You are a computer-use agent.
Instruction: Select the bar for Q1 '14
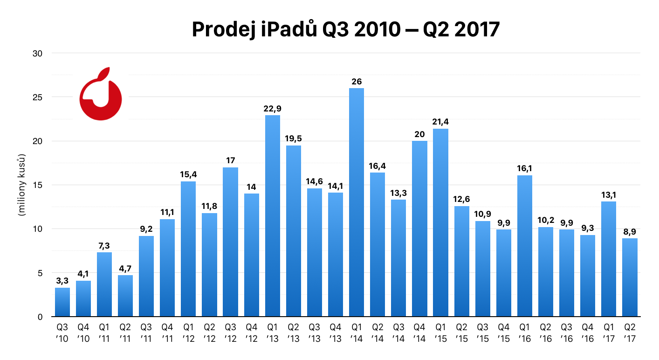pos(357,203)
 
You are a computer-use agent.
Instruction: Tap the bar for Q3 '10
pos(62,302)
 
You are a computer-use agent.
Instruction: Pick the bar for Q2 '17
pos(630,277)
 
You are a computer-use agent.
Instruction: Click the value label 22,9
pos(273,109)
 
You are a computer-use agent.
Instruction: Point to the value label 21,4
pos(440,122)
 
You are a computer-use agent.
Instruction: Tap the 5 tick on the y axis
pos(40,273)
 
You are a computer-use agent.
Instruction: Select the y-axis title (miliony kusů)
pos(21,185)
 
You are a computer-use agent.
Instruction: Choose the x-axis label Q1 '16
pos(524,331)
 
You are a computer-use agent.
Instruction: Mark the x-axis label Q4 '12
pos(251,331)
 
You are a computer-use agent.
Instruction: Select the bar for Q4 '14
pos(419,228)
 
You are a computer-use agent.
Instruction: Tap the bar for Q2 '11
pos(125,296)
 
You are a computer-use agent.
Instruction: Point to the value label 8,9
pos(630,231)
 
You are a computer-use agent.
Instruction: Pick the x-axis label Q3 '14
pos(398,331)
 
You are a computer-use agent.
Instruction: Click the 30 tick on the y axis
pos(37,53)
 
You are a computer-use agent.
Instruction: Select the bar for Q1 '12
pos(188,249)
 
